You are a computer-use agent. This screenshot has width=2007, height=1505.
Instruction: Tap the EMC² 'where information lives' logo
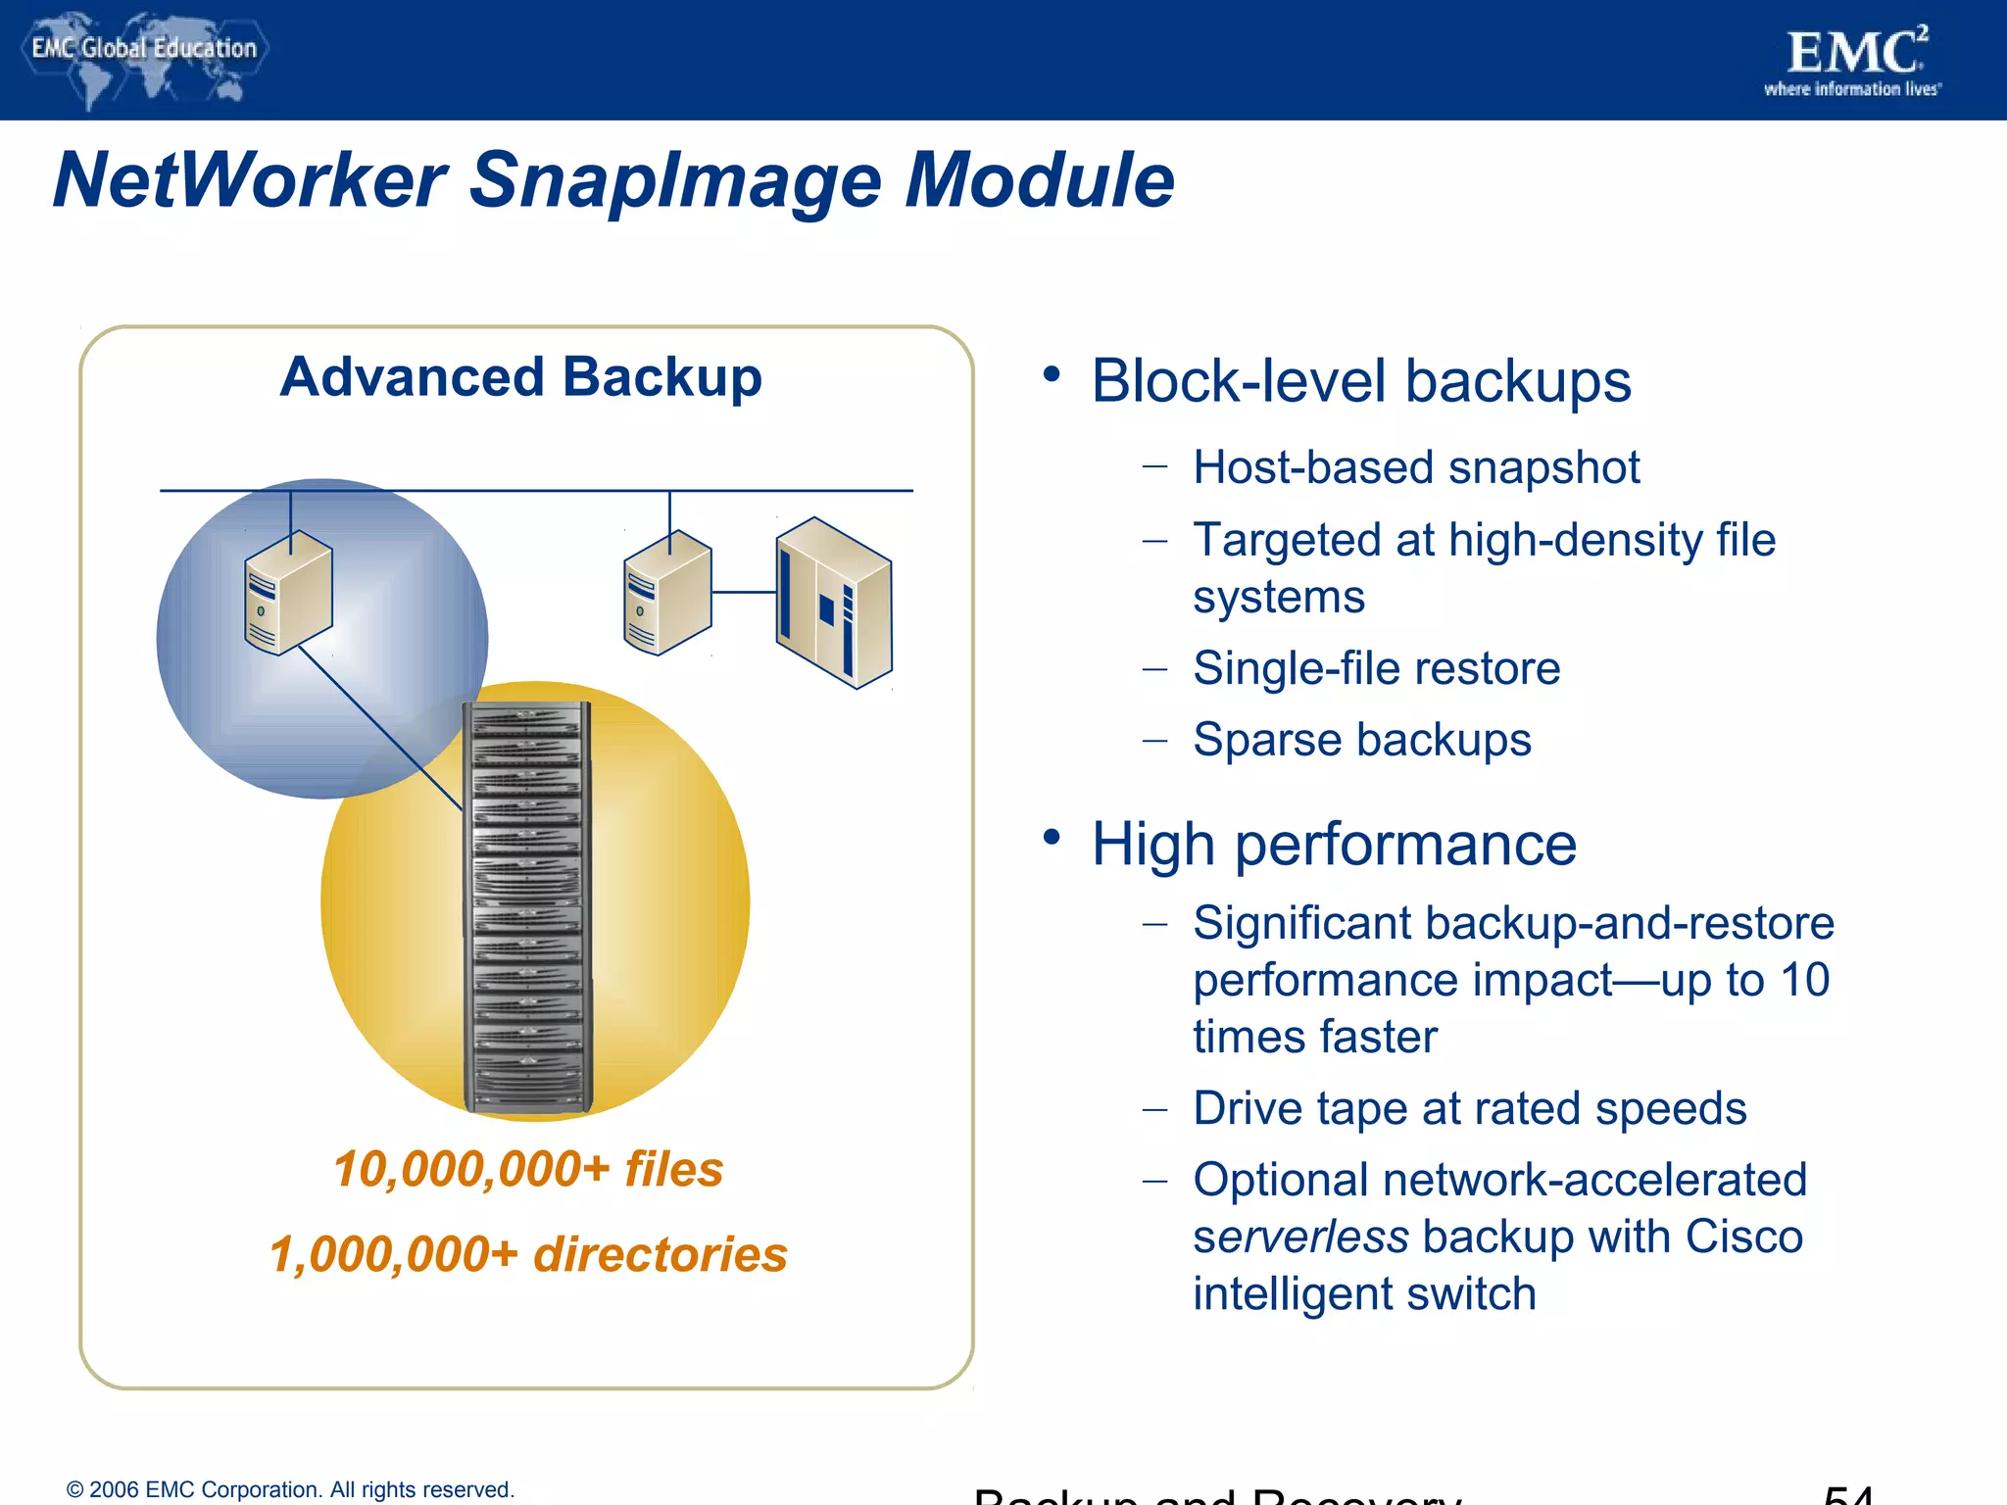1852,61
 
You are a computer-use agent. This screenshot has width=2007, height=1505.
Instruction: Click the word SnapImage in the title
675,181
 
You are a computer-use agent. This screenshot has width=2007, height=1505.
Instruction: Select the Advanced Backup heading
520,377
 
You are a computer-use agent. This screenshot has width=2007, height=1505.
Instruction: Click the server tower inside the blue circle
288,593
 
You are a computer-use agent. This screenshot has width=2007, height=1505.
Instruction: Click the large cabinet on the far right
833,603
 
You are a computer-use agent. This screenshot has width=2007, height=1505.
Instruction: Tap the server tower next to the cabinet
667,594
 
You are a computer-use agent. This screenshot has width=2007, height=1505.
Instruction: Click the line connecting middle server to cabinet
743,592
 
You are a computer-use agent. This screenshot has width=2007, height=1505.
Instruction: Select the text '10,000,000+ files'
527,1169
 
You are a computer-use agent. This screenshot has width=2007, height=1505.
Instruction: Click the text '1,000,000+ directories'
527,1254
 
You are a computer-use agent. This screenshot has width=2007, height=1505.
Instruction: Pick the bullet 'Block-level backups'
1360,381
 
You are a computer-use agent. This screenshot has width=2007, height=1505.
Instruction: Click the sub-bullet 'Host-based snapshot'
1415,467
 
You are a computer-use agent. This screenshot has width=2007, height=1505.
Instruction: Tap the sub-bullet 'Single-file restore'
1376,668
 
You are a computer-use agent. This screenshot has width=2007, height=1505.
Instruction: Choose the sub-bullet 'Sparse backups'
1361,740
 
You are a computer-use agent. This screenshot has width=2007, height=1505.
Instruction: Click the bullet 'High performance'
1333,845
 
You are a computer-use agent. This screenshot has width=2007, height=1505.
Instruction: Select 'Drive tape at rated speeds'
1469,1109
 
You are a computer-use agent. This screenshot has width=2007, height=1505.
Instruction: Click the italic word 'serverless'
1300,1238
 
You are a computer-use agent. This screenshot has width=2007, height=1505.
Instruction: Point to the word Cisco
1743,1238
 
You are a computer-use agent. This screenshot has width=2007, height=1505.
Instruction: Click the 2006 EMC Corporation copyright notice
290,1489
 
